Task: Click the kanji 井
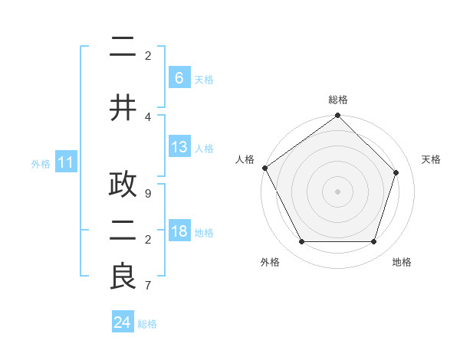(123, 107)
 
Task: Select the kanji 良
(123, 277)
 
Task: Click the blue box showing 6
(179, 77)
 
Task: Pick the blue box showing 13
(179, 147)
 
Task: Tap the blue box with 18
(179, 231)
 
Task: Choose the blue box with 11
(66, 162)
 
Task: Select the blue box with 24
(123, 322)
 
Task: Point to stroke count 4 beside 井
(148, 116)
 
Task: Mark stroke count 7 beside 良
(148, 286)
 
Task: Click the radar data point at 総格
(337, 116)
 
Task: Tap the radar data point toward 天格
(396, 172)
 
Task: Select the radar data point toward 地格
(373, 241)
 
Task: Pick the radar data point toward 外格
(301, 241)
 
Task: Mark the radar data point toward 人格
(264, 168)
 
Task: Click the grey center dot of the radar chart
(337, 191)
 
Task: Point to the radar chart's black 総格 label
(337, 100)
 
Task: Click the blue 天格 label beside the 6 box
(204, 79)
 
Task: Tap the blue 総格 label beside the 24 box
(147, 324)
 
